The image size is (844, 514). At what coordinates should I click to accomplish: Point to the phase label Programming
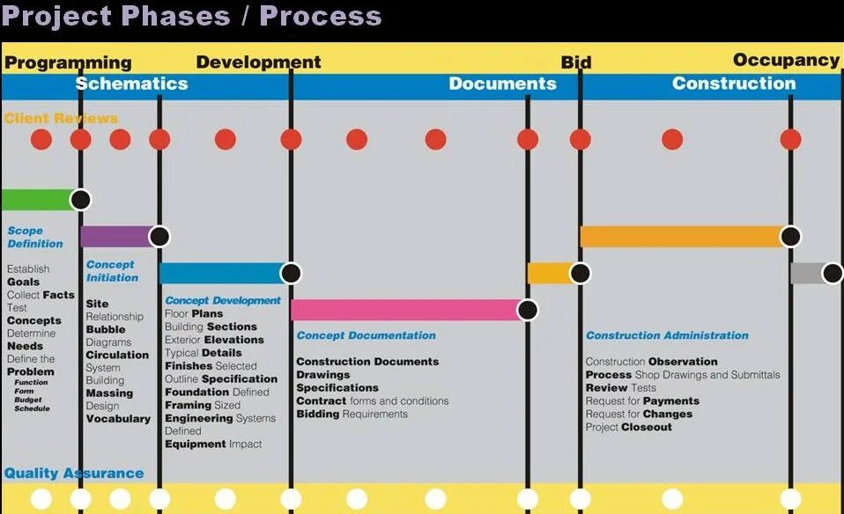point(68,62)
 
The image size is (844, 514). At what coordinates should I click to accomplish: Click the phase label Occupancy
point(786,60)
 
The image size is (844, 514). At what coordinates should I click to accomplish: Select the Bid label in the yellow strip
point(576,62)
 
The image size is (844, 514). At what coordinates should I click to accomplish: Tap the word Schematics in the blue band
point(131,84)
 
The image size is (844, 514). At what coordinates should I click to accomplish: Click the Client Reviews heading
point(61,118)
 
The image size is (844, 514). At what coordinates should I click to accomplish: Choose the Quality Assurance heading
point(73,474)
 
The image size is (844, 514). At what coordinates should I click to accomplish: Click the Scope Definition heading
point(35,237)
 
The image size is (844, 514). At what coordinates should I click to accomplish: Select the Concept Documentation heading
point(366,335)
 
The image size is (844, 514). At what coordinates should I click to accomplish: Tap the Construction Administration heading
point(667,335)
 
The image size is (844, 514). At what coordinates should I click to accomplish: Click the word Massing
point(109,393)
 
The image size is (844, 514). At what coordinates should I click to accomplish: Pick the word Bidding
point(317,414)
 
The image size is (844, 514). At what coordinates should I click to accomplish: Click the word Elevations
point(233,340)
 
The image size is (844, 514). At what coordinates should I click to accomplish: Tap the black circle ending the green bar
point(81,200)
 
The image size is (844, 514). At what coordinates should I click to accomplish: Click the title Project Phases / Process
point(191,16)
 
